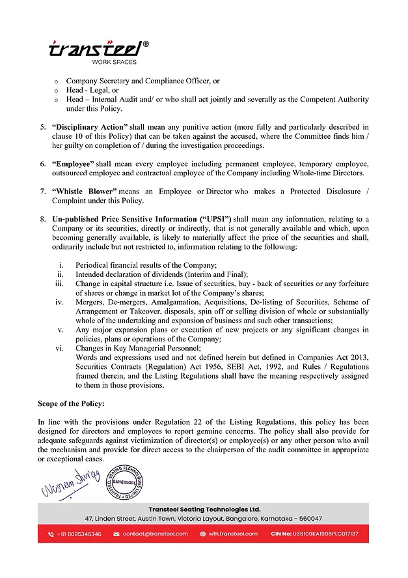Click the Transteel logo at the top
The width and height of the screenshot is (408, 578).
(98, 50)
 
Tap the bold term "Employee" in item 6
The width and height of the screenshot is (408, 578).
(73, 163)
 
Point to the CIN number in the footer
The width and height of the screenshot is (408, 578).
(314, 534)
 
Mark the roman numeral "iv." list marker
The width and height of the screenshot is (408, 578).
(59, 302)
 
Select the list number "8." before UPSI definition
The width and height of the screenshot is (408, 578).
(42, 219)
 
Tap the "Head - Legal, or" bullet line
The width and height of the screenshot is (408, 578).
(92, 90)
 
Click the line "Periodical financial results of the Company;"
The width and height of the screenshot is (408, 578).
(145, 265)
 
